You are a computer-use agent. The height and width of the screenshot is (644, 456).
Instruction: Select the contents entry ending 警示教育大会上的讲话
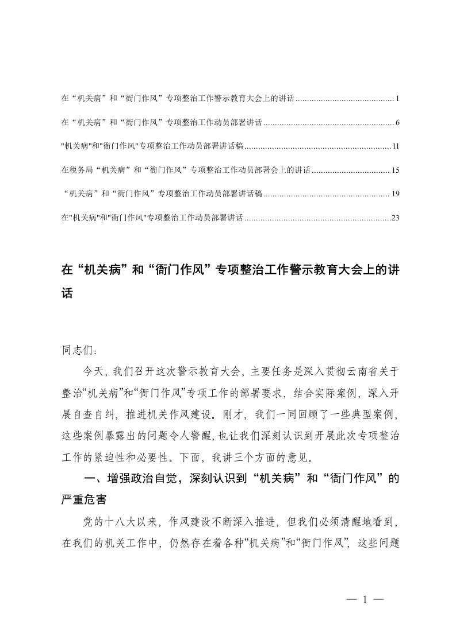click(x=178, y=99)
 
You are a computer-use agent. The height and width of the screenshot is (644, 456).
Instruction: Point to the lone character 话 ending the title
click(x=67, y=293)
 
